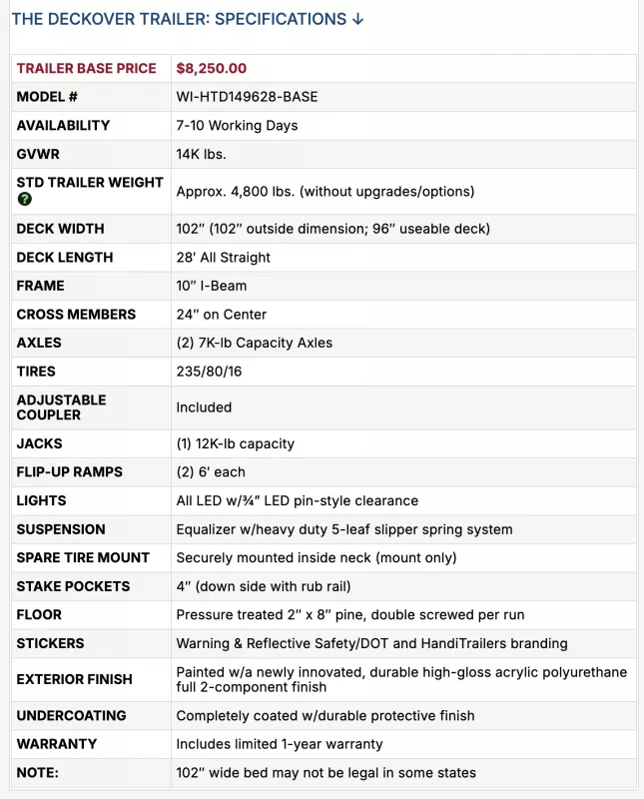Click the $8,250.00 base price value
point(211,69)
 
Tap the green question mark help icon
point(25,199)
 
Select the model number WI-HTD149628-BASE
point(247,97)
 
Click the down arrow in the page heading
point(357,19)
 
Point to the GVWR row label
point(41,154)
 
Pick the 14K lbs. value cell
point(201,154)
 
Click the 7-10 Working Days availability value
point(237,126)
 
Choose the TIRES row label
point(39,371)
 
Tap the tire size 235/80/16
point(210,371)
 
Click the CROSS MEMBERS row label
point(76,314)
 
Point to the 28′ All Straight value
point(223,257)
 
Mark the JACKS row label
point(40,443)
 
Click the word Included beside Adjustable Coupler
point(204,407)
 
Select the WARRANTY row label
point(57,744)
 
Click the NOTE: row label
point(38,772)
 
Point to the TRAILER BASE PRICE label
point(86,69)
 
